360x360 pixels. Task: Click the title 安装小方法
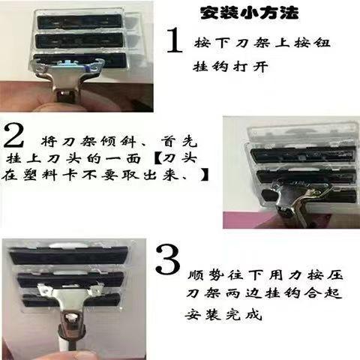pos(250,13)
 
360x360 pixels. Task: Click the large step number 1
pos(175,40)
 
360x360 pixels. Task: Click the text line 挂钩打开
pos(230,67)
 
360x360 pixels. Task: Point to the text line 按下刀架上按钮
pos(262,43)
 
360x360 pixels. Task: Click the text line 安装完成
pos(223,314)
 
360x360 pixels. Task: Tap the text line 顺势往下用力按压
pos(265,275)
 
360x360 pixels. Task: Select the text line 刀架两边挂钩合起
pos(264,293)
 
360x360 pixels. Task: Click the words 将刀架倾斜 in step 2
pos(88,142)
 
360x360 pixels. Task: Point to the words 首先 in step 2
pos(178,142)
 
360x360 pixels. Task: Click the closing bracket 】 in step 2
pos(204,175)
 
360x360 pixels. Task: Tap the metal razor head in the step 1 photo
pos(68,75)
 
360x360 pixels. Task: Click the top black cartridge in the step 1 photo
pos(79,21)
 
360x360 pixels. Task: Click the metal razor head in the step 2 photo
pos(295,201)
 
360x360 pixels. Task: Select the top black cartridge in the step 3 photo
pos(69,256)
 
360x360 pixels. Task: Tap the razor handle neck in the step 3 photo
pos(72,325)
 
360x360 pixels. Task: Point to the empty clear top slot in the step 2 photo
pos(302,134)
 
